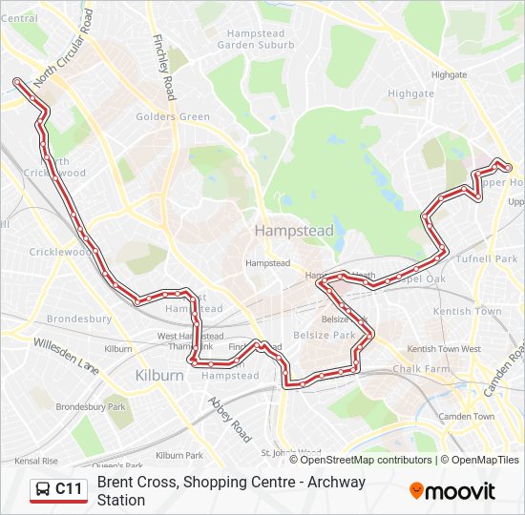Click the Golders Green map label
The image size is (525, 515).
tap(173, 117)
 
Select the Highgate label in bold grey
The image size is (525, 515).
tap(411, 93)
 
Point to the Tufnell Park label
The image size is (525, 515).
tap(487, 259)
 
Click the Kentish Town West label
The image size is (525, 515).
tap(444, 349)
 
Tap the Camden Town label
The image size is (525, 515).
tap(467, 416)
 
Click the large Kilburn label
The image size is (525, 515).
tap(159, 375)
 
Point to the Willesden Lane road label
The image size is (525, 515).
tap(66, 354)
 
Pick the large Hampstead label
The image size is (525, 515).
tap(281, 231)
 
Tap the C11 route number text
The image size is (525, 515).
tap(70, 490)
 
